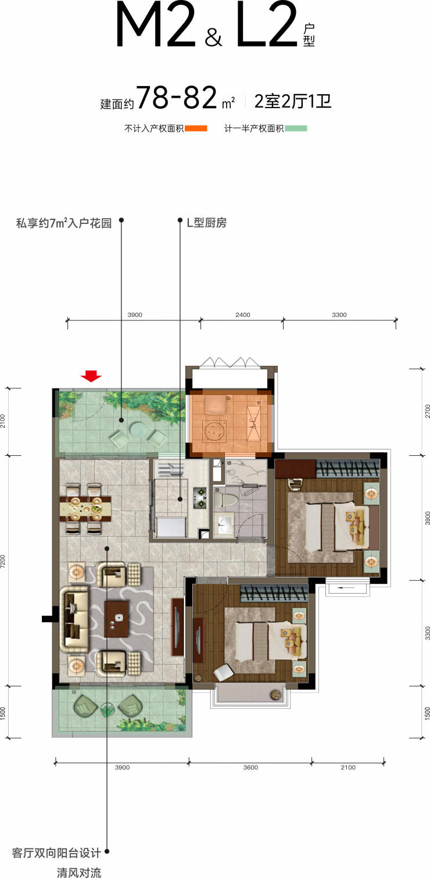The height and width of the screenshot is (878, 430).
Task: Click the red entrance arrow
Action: (91, 376)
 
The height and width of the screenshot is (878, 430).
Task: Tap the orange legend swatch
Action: (196, 128)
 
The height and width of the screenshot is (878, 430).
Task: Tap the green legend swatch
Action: (296, 128)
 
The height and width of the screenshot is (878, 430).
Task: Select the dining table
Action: (85, 508)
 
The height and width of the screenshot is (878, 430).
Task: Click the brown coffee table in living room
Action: (117, 619)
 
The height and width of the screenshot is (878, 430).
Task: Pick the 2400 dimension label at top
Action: (243, 315)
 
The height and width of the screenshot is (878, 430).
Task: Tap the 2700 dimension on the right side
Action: (427, 411)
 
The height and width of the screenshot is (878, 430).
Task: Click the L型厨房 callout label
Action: (207, 223)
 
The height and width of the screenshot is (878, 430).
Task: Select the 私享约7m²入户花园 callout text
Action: (64, 223)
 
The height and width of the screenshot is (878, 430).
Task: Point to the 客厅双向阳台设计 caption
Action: (56, 852)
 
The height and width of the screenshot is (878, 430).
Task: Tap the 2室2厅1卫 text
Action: (293, 101)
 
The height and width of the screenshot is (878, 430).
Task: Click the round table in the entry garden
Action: (138, 429)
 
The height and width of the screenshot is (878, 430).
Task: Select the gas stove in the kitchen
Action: (200, 497)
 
